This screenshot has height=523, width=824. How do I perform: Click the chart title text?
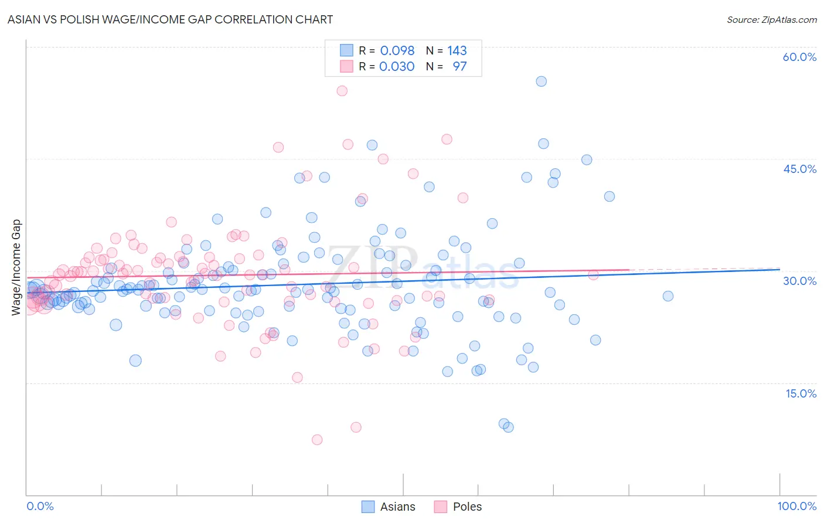(x=170, y=19)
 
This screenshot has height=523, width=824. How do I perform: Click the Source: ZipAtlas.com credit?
(x=771, y=19)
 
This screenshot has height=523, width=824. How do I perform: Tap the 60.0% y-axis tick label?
(x=799, y=57)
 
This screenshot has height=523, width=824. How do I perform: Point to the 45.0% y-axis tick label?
(x=799, y=169)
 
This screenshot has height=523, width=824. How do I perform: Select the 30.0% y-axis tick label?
(x=799, y=281)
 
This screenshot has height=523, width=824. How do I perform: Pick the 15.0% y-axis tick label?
(x=801, y=393)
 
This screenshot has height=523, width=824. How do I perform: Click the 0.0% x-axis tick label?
(x=40, y=506)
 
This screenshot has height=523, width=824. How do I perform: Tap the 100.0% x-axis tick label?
(x=796, y=506)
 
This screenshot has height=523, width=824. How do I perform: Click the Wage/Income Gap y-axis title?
(x=16, y=267)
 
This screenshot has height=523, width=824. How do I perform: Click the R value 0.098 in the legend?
(x=397, y=50)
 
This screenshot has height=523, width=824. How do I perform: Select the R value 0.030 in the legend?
(x=397, y=66)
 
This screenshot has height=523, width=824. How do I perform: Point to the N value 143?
(x=457, y=50)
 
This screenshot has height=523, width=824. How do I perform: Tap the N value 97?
(x=459, y=66)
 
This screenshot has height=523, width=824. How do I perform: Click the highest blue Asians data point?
(x=541, y=81)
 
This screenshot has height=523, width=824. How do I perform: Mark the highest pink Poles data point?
(x=342, y=91)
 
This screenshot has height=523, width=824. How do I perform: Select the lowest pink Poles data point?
(x=317, y=440)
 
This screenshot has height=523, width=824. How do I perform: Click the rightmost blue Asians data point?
(x=668, y=296)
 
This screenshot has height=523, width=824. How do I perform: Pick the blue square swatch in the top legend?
(x=346, y=50)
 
